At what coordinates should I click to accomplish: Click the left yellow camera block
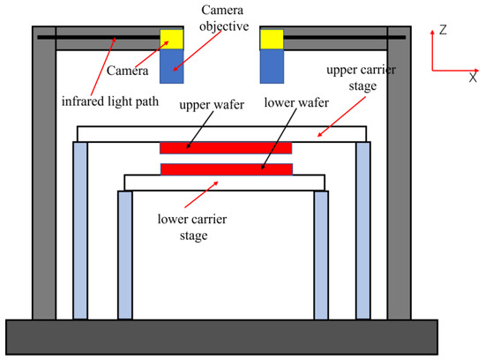[x=172, y=38]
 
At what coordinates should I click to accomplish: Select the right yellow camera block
[x=272, y=38]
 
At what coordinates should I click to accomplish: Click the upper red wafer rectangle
[x=226, y=147]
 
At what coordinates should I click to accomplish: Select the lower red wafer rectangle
[x=226, y=169]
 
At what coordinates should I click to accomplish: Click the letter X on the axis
[x=473, y=79]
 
